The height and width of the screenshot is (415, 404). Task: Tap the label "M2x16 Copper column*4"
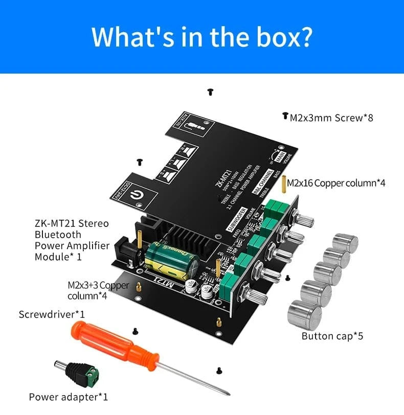336,183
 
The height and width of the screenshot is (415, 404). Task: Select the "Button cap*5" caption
332,336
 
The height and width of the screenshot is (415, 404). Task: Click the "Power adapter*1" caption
69,397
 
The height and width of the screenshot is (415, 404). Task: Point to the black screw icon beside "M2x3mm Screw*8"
285,117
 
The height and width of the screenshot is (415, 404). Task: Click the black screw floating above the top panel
210,91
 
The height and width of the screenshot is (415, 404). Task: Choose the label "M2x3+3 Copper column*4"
98,290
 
